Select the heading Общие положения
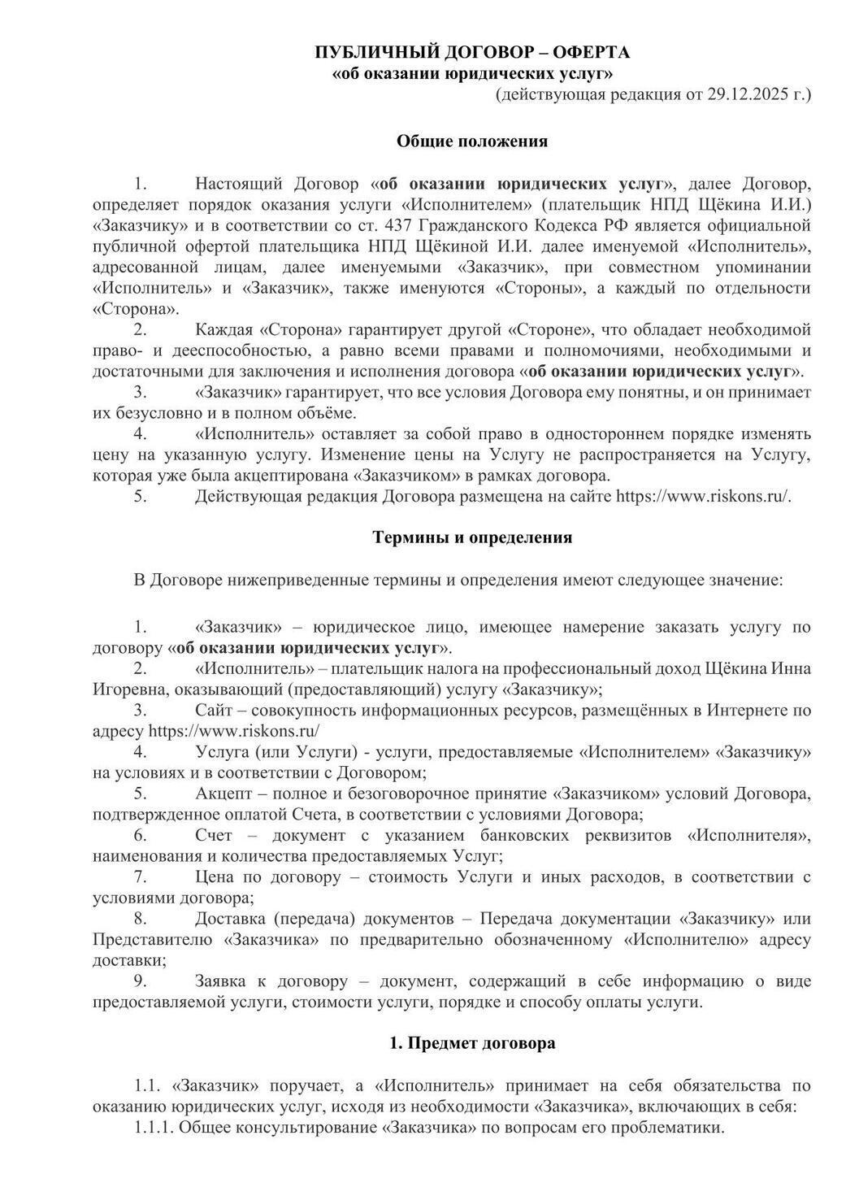[472, 141]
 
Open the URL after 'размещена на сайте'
[704, 497]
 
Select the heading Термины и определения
[472, 537]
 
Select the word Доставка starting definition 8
[229, 919]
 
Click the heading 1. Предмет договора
[472, 1043]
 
